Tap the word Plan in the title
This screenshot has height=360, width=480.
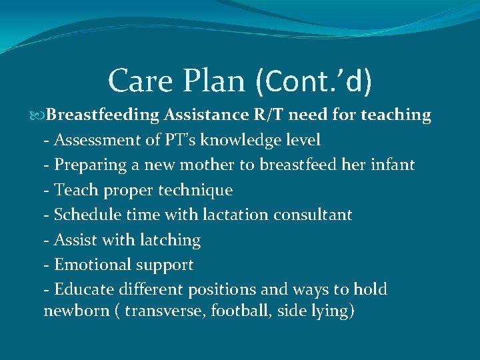217,81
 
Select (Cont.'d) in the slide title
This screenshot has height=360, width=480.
313,81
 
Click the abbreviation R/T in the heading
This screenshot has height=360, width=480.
269,115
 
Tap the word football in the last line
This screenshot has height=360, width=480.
237,311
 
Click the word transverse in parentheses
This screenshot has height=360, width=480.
165,311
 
